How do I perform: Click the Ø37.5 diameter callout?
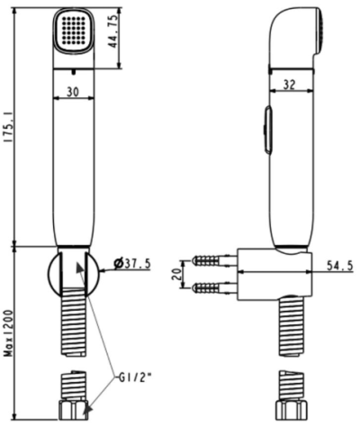click(133, 263)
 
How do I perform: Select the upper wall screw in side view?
click(211, 260)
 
